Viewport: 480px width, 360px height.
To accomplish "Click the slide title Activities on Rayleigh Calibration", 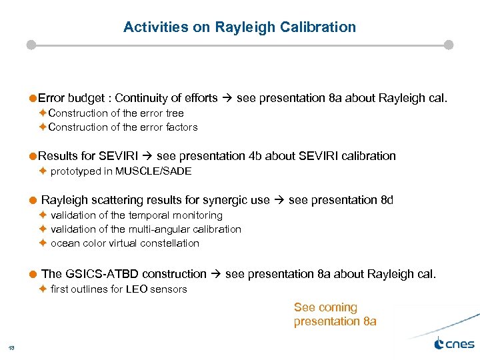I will point(239,27).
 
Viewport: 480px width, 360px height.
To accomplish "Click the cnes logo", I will point(454,344).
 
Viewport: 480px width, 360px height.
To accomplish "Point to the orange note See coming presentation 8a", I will point(335,315).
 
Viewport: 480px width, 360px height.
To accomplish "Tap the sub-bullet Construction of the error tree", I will point(116,113).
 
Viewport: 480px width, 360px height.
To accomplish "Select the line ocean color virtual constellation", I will point(125,243).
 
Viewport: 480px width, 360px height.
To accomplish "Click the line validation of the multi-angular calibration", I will point(146,229).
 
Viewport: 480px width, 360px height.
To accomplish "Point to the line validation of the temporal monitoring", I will point(137,215).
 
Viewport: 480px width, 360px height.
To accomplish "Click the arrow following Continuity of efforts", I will point(227,99).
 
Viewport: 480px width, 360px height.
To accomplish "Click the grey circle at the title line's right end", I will point(449,45).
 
